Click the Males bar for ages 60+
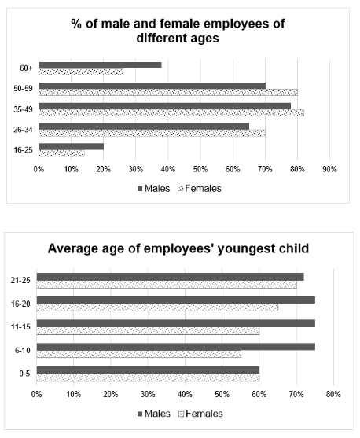click(100, 65)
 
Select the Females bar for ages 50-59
click(168, 93)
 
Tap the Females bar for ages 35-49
click(171, 113)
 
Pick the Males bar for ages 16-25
click(72, 146)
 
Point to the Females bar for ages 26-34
click(152, 133)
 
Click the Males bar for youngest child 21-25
click(171, 277)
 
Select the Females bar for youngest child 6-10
click(139, 354)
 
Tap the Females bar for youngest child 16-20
click(157, 307)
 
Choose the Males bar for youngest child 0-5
click(148, 370)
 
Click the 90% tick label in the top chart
click(329, 169)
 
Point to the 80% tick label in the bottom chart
click(333, 394)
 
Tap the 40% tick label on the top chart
click(168, 169)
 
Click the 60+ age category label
click(26, 68)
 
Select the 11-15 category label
click(20, 326)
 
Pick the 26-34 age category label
click(23, 130)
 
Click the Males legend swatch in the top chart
click(140, 189)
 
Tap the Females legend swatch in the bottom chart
click(181, 414)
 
